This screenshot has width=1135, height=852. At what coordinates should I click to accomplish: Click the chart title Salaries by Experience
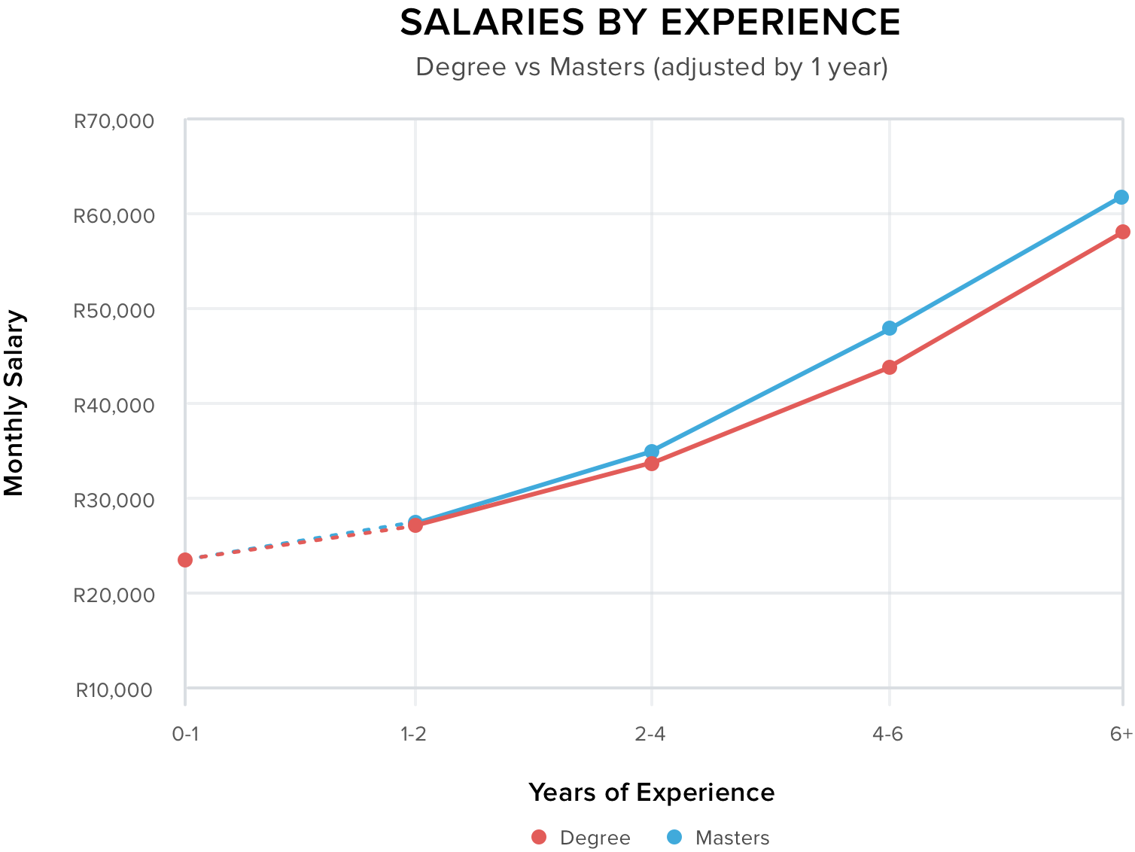click(650, 23)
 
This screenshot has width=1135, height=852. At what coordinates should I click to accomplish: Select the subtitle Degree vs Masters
click(652, 67)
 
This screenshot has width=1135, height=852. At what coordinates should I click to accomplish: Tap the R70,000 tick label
click(114, 121)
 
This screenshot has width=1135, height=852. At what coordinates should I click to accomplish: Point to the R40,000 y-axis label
click(114, 406)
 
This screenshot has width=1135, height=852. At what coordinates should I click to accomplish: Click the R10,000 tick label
click(114, 689)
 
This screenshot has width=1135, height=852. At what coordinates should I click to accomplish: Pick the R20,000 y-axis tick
click(114, 595)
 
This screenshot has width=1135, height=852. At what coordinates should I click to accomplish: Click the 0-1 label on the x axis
click(186, 734)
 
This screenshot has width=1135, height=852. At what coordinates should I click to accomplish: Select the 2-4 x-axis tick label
click(650, 734)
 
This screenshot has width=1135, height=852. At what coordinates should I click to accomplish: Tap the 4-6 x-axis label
click(888, 734)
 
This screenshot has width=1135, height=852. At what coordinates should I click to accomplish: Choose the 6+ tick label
click(1121, 734)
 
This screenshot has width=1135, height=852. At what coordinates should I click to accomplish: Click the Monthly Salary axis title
click(14, 403)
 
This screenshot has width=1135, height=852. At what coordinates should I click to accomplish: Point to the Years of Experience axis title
click(651, 793)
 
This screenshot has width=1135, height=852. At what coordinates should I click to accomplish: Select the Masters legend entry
click(718, 838)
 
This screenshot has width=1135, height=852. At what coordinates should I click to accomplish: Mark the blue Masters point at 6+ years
click(1121, 197)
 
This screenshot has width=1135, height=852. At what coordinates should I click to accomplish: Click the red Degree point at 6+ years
click(1122, 232)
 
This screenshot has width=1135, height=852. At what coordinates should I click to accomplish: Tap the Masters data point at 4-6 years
click(890, 328)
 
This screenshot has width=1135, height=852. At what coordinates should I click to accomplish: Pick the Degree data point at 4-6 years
click(890, 367)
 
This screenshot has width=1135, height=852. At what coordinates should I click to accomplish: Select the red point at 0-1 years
click(185, 560)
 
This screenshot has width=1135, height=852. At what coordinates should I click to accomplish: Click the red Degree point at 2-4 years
click(652, 464)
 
